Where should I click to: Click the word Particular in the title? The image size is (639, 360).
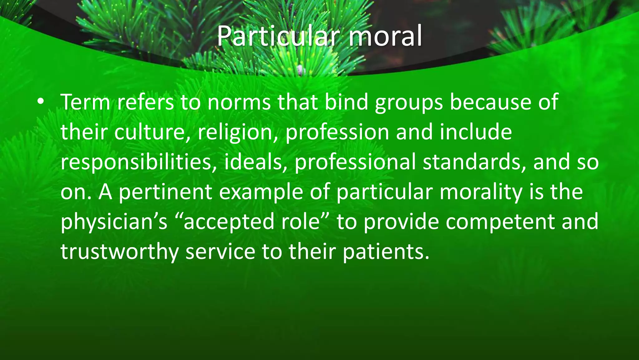(277, 36)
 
